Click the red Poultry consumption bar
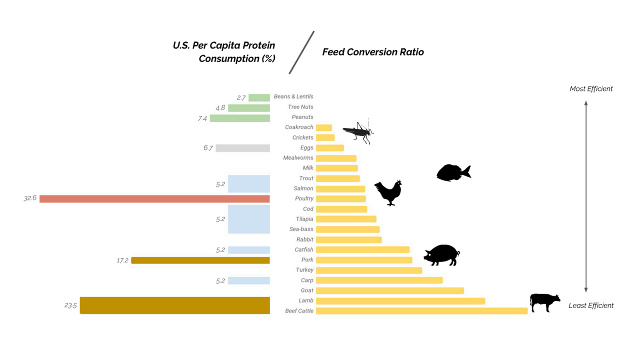tap(154, 199)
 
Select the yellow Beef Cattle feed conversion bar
tap(421, 311)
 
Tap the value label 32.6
tap(30, 198)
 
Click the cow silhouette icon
tap(545, 302)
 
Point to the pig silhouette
tap(441, 255)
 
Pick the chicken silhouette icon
tap(389, 192)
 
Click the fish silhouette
tap(453, 172)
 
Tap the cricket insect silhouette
tap(358, 132)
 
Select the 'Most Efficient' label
tap(591, 89)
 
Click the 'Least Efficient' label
tap(591, 305)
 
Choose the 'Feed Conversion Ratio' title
tap(373, 52)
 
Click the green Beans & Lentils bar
tap(259, 97)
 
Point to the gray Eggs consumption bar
tap(242, 148)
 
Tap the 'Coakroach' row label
tap(299, 127)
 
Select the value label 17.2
tap(122, 260)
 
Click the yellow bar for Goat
tap(390, 290)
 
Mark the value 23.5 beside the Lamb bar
tap(70, 305)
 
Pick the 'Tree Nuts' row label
tap(300, 107)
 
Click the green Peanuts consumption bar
tap(240, 118)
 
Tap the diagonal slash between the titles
tap(301, 52)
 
